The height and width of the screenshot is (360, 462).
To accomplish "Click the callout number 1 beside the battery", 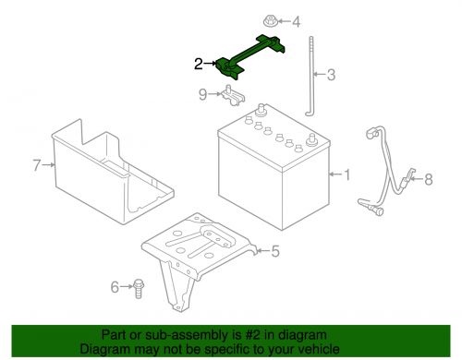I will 346,174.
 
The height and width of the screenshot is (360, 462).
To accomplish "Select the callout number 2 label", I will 198,64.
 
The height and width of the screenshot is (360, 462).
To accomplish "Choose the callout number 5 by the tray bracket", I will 274,250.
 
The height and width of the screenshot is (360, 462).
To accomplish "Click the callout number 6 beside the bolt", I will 115,287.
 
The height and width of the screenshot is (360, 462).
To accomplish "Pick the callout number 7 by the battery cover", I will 37,166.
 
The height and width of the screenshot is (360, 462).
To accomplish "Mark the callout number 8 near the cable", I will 427,180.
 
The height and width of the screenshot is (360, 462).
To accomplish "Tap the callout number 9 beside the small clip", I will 202,93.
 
